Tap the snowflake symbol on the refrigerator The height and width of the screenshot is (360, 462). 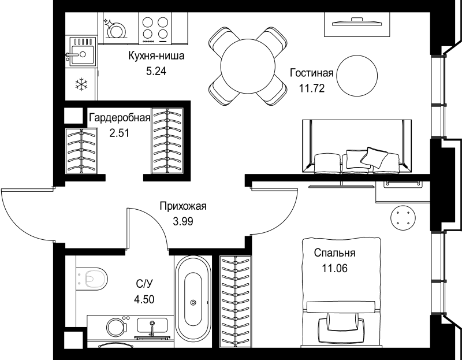coord(81,84)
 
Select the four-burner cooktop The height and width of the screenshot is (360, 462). coord(155,29)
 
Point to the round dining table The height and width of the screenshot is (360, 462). coord(248,66)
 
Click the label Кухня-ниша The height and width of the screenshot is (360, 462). coord(156,55)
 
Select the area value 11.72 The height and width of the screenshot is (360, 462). coord(312,88)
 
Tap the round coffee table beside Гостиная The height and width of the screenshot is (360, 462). coord(357,76)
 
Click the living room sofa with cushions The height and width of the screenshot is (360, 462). coord(357,146)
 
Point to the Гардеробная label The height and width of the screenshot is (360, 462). coord(120,118)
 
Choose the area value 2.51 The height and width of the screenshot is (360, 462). coord(119,133)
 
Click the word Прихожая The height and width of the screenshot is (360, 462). coord(183,206)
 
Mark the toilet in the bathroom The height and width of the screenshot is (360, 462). coord(92,279)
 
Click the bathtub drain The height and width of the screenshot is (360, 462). coord(193,302)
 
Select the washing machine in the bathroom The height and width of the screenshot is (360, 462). coord(117,327)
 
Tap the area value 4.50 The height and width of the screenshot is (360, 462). coord(144,299)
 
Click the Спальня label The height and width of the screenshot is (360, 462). coord(335,253)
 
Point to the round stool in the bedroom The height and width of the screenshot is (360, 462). coord(403,218)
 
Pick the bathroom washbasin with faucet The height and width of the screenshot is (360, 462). coord(152,326)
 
